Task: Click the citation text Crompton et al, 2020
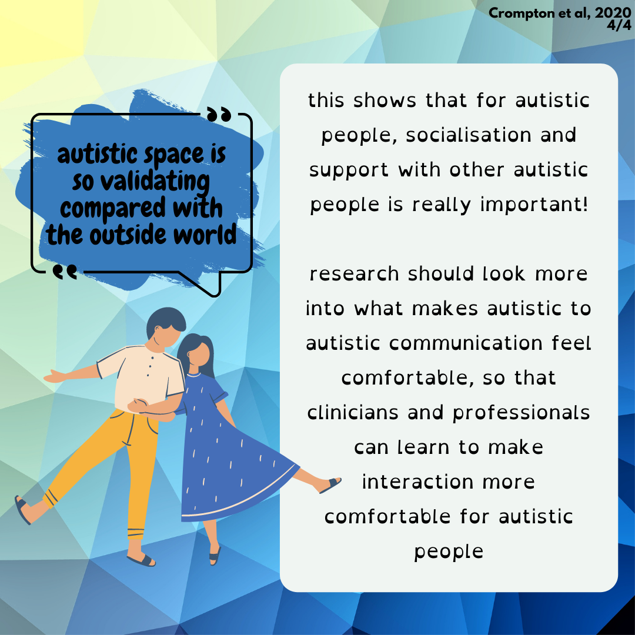click(x=560, y=13)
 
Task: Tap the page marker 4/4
click(x=619, y=25)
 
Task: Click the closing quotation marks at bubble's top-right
click(x=219, y=115)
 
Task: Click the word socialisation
click(x=469, y=135)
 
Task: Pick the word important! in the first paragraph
click(x=534, y=205)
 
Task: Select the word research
click(x=354, y=274)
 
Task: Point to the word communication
click(x=465, y=344)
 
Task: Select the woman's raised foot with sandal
click(x=329, y=484)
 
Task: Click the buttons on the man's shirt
click(x=151, y=366)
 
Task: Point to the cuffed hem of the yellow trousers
click(x=136, y=533)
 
